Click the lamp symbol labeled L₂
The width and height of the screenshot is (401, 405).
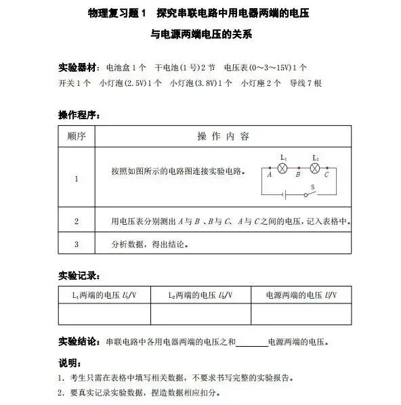(315, 167)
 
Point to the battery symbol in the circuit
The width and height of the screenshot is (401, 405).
(285, 195)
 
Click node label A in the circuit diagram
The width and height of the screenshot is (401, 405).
(270, 175)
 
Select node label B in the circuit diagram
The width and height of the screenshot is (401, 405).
(298, 175)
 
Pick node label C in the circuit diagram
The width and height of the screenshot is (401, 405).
(326, 175)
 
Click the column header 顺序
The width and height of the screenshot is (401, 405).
(76, 136)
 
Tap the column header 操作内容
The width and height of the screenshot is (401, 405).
(223, 136)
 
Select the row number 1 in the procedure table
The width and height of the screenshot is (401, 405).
(76, 179)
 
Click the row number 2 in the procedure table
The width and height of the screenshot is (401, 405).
(76, 221)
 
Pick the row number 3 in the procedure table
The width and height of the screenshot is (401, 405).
(76, 244)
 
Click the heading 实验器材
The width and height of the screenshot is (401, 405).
(78, 68)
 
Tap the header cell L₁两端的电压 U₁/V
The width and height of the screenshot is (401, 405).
(105, 295)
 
